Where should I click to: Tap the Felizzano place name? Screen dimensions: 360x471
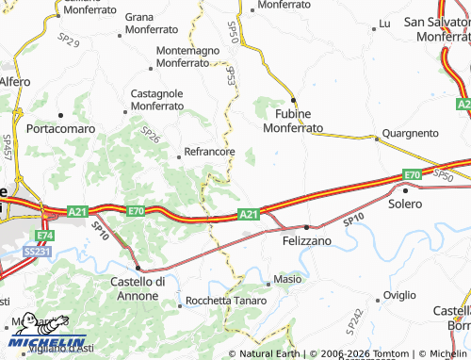click(307, 242)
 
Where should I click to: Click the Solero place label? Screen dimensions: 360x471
click(406, 205)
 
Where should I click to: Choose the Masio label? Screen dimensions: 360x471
click(287, 280)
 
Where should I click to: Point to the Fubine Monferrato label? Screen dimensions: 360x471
click(293, 121)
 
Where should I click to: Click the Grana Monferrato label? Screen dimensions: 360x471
click(153, 24)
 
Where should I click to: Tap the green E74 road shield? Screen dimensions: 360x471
click(44, 235)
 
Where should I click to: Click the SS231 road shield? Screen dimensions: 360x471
click(37, 252)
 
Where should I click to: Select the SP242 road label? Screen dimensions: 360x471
click(354, 322)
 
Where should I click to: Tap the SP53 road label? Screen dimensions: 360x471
click(230, 75)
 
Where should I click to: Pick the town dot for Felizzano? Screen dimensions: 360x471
click(307, 227)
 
